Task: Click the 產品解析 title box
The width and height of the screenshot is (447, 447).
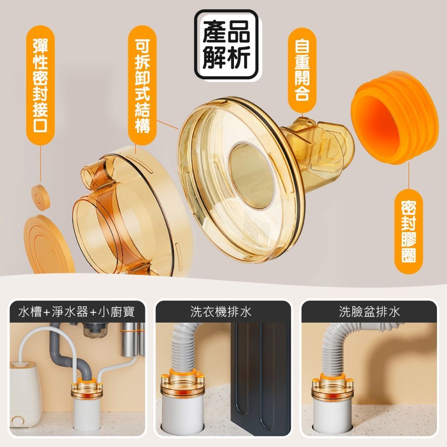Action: tap(227, 45)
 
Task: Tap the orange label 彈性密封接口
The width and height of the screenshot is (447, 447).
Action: tap(41, 85)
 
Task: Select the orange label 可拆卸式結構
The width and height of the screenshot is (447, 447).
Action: tap(142, 86)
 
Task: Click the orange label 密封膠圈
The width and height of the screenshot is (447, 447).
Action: tap(409, 231)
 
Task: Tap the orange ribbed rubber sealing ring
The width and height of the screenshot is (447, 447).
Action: tap(395, 118)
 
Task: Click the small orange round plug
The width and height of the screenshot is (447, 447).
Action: tap(41, 197)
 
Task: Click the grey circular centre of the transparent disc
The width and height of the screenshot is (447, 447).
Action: tap(251, 175)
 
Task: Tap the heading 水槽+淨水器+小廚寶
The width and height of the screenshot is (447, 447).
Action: tap(76, 312)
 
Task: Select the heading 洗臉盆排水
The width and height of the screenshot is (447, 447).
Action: tap(369, 312)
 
